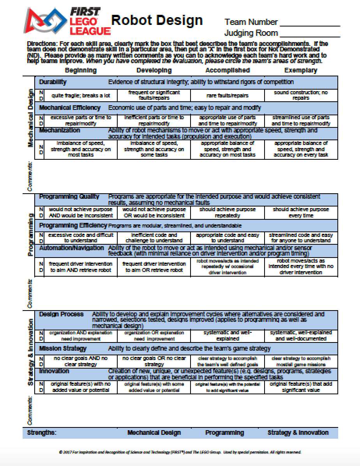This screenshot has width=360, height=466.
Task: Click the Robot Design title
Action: (157, 20)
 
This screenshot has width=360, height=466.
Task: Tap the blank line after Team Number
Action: (310, 23)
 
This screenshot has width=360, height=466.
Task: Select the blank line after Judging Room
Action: (310, 34)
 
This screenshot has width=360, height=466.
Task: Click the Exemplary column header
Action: (300, 71)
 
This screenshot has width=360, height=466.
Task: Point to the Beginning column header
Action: (81, 71)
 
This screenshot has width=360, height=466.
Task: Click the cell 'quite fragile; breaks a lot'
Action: (81, 95)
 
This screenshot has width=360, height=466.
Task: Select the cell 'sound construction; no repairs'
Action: (300, 95)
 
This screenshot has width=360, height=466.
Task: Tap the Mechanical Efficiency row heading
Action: (70, 108)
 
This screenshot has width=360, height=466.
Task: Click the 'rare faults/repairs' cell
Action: (227, 95)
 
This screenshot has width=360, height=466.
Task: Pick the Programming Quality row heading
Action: (69, 197)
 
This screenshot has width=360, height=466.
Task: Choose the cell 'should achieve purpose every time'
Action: (300, 212)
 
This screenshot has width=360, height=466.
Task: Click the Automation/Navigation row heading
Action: (72, 248)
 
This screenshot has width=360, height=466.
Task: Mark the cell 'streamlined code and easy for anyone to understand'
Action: (300, 238)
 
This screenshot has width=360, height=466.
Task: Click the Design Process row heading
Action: (61, 314)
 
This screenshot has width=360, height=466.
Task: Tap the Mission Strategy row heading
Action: (63, 348)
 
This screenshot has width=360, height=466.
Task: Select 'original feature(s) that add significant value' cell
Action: (300, 387)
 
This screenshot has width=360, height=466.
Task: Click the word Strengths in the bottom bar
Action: (42, 432)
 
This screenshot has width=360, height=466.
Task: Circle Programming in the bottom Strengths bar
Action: (224, 432)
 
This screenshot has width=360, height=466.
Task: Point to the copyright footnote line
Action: (180, 452)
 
